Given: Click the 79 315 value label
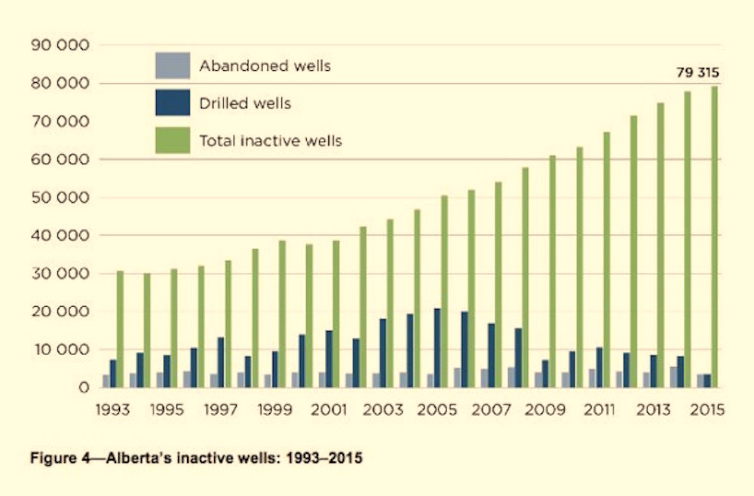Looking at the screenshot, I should (697, 73).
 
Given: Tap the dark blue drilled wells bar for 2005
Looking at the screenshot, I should (437, 348).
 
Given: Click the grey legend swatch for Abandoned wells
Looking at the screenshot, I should (172, 66).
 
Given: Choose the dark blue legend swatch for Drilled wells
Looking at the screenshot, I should (172, 103).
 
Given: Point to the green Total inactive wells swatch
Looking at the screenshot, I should (172, 140).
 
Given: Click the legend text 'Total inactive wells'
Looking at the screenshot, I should (271, 140).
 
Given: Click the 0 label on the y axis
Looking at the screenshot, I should (84, 387).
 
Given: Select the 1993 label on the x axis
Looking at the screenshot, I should (114, 411).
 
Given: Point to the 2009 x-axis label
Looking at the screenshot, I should (545, 411).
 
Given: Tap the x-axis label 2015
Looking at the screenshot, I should (706, 411).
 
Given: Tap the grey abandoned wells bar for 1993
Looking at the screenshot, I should (106, 381).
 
